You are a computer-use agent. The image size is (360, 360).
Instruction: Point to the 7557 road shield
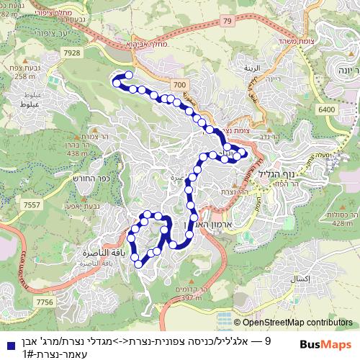click(x=32, y=205)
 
